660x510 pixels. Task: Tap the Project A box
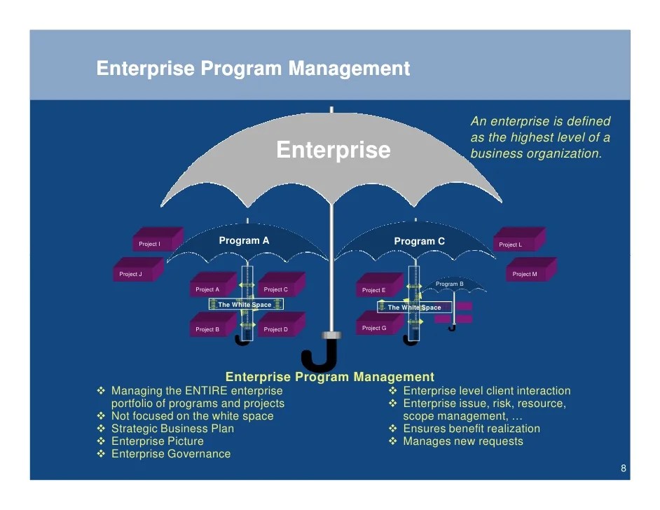(x=210, y=289)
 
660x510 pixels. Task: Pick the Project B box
(x=210, y=328)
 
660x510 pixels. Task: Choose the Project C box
(x=279, y=289)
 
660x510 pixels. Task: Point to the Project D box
(x=279, y=328)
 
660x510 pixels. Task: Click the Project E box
(x=377, y=289)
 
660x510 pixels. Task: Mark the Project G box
(x=377, y=327)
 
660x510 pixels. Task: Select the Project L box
(x=514, y=244)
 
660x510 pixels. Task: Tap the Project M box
(x=527, y=273)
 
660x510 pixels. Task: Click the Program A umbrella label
(x=244, y=241)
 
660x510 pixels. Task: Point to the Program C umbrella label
(x=419, y=242)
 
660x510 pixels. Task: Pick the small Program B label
(x=449, y=284)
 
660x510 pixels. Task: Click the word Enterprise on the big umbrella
(x=334, y=150)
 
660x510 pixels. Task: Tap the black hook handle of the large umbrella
(x=319, y=356)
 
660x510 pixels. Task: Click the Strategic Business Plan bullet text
(x=172, y=429)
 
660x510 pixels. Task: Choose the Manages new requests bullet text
(x=462, y=441)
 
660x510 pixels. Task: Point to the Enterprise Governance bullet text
(x=170, y=454)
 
